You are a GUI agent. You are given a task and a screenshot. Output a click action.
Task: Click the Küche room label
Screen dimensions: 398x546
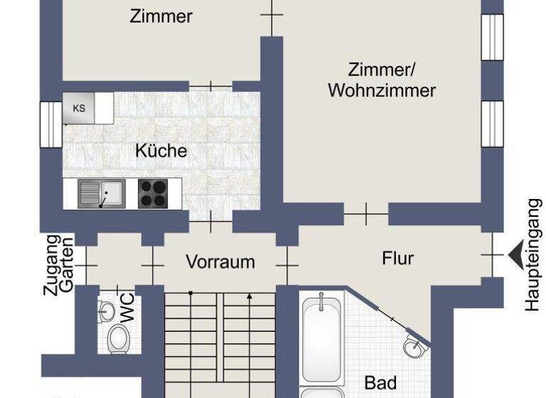(x=161, y=151)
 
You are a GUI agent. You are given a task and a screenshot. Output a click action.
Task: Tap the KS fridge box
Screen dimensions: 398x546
(x=79, y=108)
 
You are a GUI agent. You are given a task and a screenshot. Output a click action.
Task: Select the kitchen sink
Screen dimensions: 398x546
(x=102, y=193)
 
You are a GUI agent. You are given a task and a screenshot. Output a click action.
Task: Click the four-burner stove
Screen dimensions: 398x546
(x=153, y=193)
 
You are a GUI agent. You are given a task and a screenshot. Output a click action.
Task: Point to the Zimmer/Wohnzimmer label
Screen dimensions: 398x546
(x=382, y=80)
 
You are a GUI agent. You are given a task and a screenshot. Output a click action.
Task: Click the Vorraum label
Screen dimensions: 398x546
(x=220, y=262)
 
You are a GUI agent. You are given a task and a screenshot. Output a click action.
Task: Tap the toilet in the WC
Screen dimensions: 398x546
(x=118, y=340)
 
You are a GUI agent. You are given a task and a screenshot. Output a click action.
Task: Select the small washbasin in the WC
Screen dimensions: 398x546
(x=106, y=311)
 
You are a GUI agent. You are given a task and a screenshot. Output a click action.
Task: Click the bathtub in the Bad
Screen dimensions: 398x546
(x=323, y=340)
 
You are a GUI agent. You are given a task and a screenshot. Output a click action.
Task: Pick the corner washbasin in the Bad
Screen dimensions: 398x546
(x=413, y=346)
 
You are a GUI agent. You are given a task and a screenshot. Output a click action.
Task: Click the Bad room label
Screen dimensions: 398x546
(x=380, y=383)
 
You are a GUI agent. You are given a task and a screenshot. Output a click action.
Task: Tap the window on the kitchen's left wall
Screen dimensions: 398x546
(x=51, y=125)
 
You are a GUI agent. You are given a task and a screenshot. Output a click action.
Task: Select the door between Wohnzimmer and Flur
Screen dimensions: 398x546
(x=366, y=213)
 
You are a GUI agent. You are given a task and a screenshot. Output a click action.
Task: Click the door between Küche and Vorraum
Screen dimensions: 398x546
(x=211, y=222)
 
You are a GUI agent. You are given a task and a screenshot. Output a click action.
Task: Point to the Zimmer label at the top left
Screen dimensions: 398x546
(x=161, y=16)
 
